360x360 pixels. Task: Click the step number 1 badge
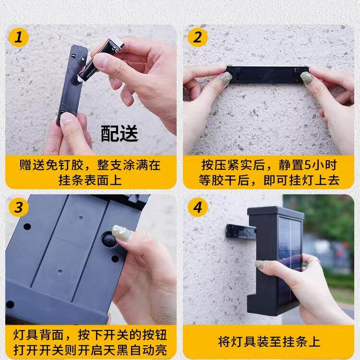pos(19,37)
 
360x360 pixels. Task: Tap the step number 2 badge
pos(197,37)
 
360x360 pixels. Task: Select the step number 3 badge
pos(19,208)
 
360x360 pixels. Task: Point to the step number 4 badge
pos(197,208)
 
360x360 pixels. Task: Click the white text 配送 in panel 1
pos(119,134)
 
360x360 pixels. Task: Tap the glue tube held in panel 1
pos(101,59)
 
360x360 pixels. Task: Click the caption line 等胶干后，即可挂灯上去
pos(269,180)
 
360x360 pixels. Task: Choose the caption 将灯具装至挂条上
pos(269,342)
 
